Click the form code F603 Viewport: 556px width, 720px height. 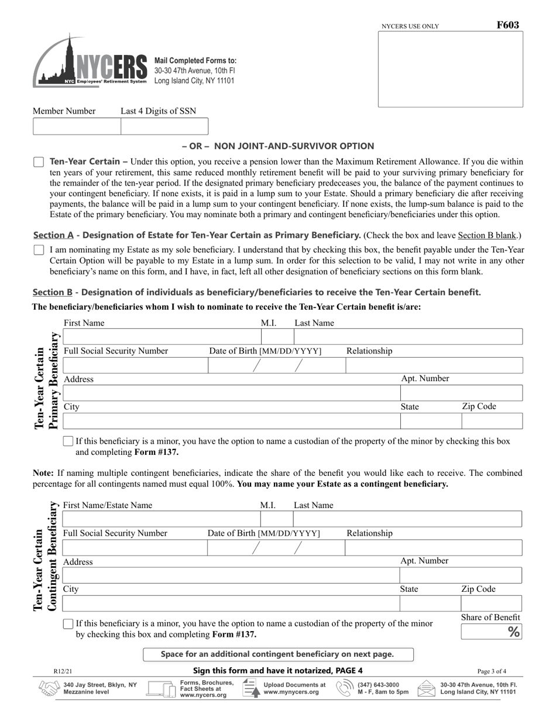click(x=507, y=25)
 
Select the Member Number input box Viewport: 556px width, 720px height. click(x=77, y=126)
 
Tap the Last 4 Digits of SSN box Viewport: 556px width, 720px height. click(x=164, y=126)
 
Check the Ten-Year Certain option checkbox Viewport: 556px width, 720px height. click(x=39, y=162)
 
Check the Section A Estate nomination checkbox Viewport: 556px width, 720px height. click(x=39, y=250)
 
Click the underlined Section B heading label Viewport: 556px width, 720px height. click(x=53, y=292)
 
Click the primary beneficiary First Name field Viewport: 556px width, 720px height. click(x=161, y=337)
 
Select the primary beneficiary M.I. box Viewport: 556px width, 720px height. click(x=277, y=337)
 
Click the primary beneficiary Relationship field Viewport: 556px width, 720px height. click(x=433, y=365)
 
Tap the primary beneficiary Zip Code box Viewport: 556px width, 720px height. click(x=492, y=421)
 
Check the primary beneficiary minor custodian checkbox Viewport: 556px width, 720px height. click(x=68, y=441)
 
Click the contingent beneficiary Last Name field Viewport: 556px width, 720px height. click(x=407, y=519)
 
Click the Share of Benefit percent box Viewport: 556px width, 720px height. click(x=491, y=632)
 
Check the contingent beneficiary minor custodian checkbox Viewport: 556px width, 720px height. click(x=68, y=625)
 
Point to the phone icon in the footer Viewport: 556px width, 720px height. click(x=345, y=689)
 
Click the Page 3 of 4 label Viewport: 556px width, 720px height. click(x=492, y=671)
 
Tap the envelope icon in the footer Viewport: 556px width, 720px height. click(x=426, y=689)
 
